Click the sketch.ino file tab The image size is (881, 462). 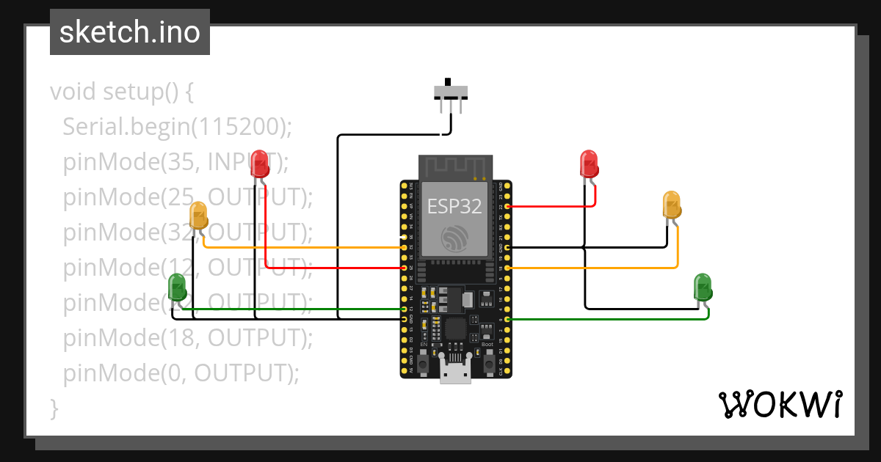pyautogui.click(x=129, y=32)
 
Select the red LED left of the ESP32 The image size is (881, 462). pyautogui.click(x=259, y=164)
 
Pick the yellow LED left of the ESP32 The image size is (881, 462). pyautogui.click(x=199, y=216)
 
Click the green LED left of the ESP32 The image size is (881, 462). pyautogui.click(x=177, y=287)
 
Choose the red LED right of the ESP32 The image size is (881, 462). pyautogui.click(x=589, y=164)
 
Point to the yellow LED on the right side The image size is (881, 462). pyautogui.click(x=672, y=205)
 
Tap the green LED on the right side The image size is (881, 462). pyautogui.click(x=703, y=287)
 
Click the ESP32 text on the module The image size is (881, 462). pyautogui.click(x=455, y=207)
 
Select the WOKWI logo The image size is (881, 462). pyautogui.click(x=780, y=404)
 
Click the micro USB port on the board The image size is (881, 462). pyautogui.click(x=455, y=373)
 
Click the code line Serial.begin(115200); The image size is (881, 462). pyautogui.click(x=177, y=127)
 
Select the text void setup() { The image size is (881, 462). pyautogui.click(x=122, y=92)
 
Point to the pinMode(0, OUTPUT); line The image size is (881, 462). pyautogui.click(x=181, y=373)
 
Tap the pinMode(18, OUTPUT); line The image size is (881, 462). pyautogui.click(x=187, y=337)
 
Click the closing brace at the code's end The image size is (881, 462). pyautogui.click(x=54, y=407)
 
